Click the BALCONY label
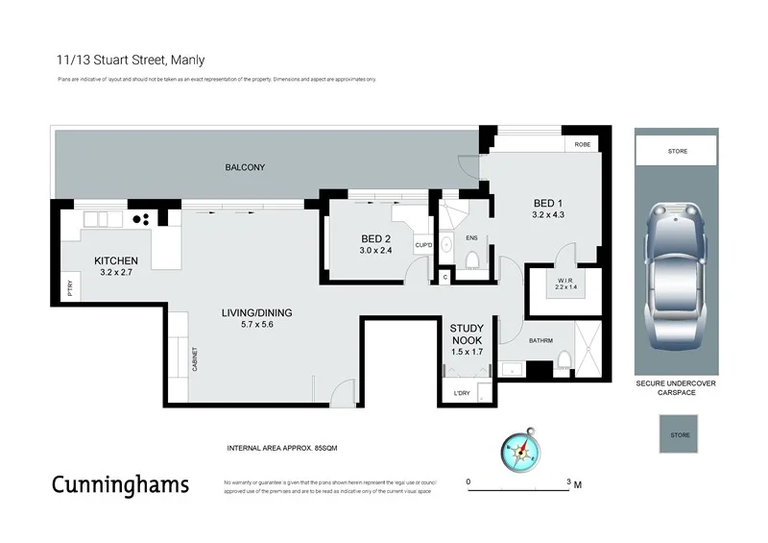[245, 167]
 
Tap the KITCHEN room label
[116, 261]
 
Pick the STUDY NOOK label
[467, 333]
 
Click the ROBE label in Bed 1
[582, 144]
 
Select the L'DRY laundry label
[462, 394]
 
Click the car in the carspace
[674, 277]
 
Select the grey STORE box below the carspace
[679, 434]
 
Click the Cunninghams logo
[120, 483]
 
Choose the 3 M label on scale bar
[574, 483]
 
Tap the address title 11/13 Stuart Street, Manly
[131, 59]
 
